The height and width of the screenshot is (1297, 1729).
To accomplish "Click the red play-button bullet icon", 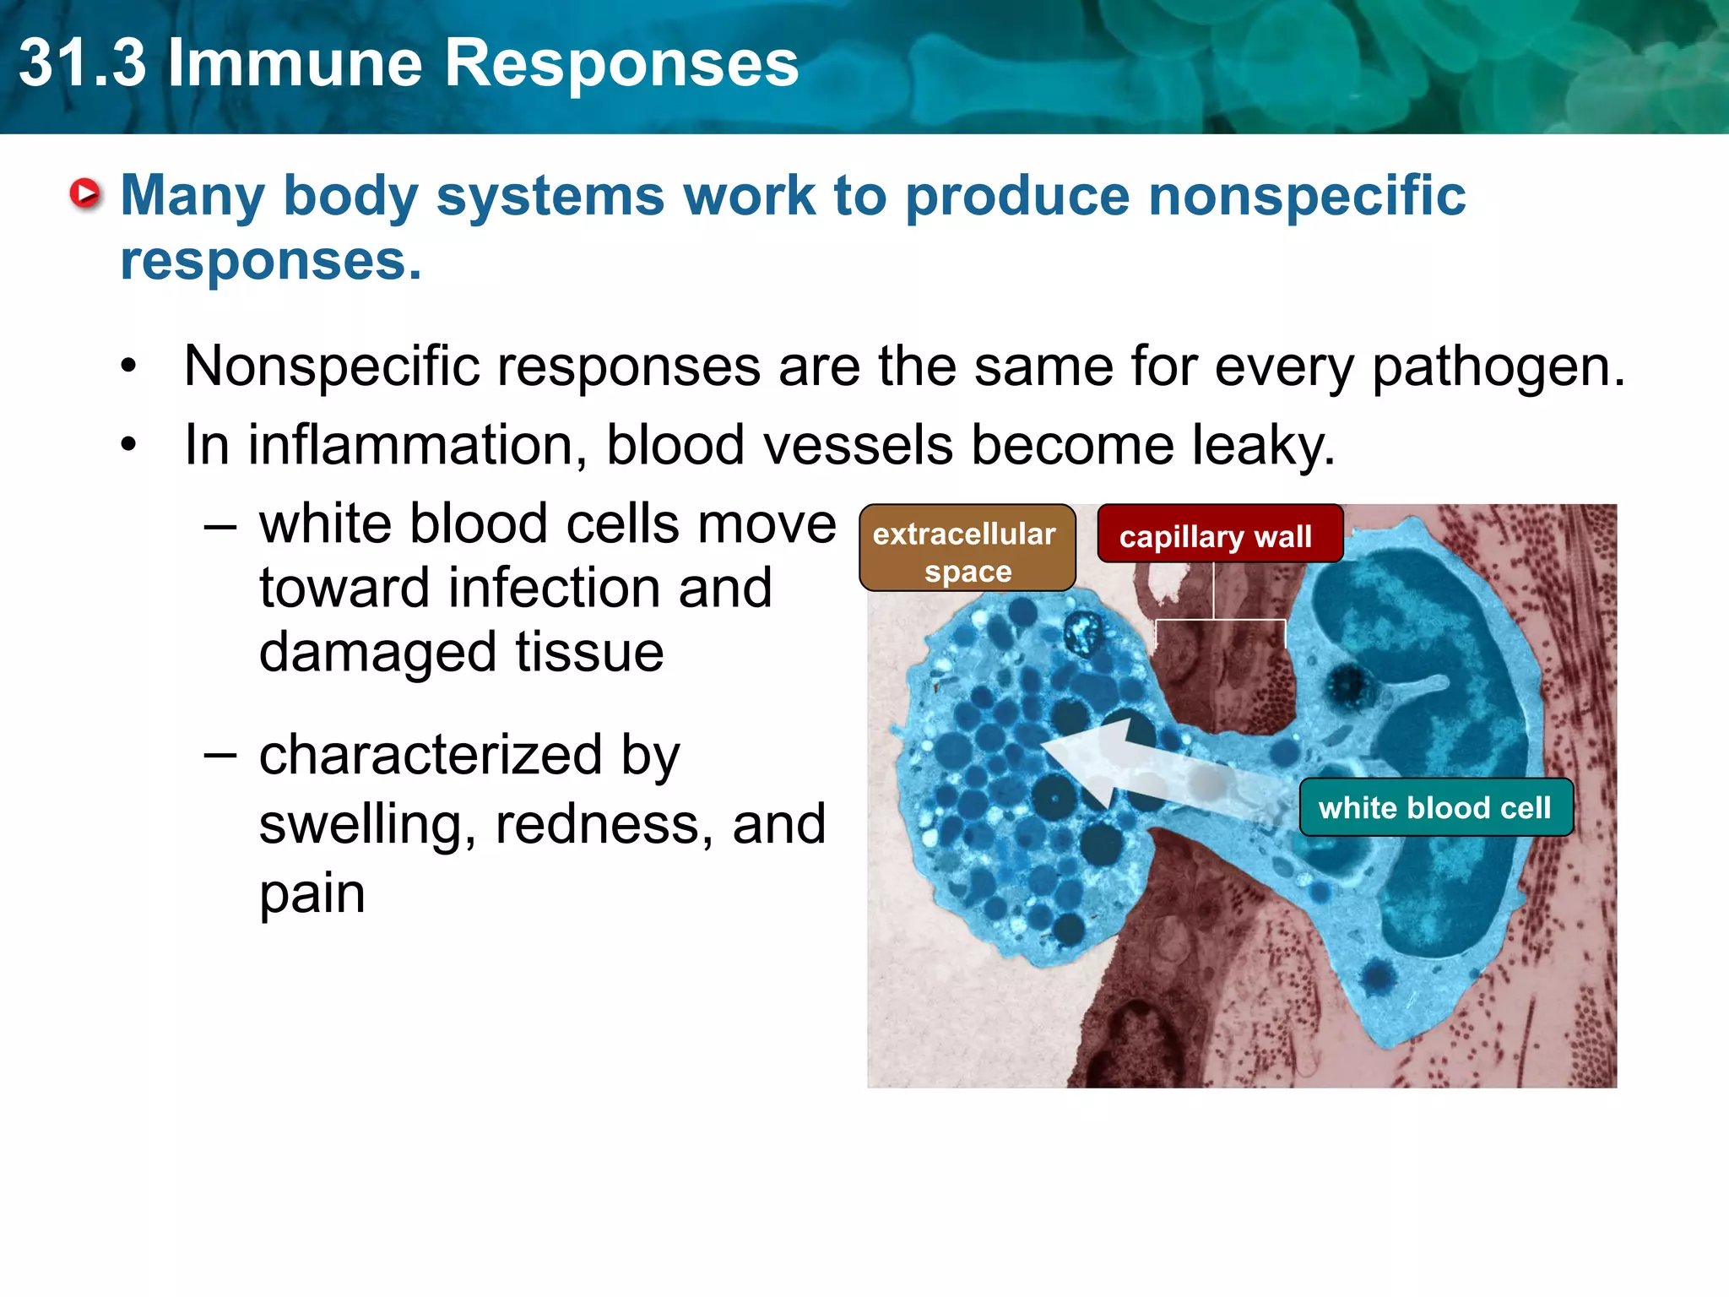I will click(x=85, y=195).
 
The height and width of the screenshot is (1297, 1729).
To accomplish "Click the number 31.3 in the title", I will click(x=83, y=64).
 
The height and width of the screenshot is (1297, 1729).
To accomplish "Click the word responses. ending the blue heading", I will click(x=270, y=262).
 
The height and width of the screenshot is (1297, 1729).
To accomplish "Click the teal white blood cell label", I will click(x=1435, y=808).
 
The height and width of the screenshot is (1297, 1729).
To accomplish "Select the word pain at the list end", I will click(x=312, y=894).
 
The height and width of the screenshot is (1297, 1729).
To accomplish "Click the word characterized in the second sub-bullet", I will click(x=431, y=756).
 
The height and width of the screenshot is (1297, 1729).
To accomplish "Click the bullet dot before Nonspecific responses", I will click(x=128, y=368).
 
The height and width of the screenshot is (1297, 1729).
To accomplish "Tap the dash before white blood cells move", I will click(x=220, y=525).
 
